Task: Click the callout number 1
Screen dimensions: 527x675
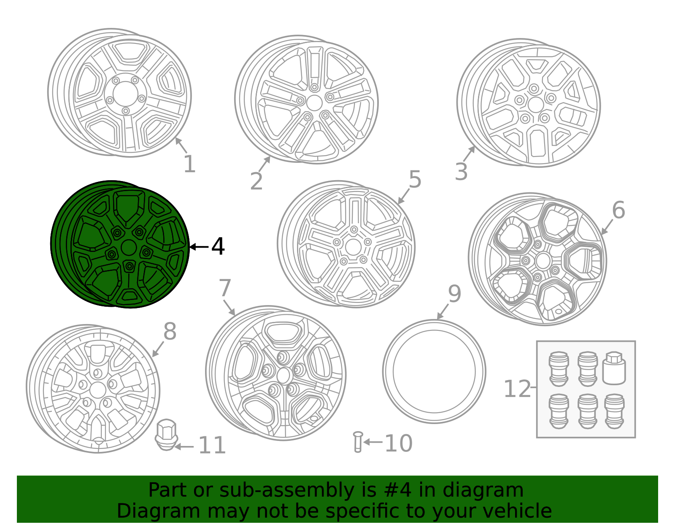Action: point(189,164)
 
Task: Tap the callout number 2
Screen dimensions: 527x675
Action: point(256,181)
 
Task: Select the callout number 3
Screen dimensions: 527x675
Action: point(461,172)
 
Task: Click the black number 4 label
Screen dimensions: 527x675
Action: point(218,246)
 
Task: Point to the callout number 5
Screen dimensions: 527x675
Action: point(415,180)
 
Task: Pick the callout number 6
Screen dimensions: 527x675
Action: point(618,210)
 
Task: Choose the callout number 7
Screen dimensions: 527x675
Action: point(225,289)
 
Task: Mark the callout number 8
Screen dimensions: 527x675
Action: point(170,332)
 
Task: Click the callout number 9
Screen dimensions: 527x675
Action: point(454,294)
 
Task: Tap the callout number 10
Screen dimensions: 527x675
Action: point(398,443)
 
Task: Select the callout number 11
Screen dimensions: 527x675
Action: point(212,446)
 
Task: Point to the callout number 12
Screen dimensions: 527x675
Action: point(517,389)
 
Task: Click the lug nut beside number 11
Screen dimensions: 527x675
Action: point(166,435)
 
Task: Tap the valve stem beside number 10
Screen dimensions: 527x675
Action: point(358,442)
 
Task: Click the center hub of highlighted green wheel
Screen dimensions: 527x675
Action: point(129,248)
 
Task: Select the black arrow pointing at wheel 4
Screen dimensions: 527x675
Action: point(199,247)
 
